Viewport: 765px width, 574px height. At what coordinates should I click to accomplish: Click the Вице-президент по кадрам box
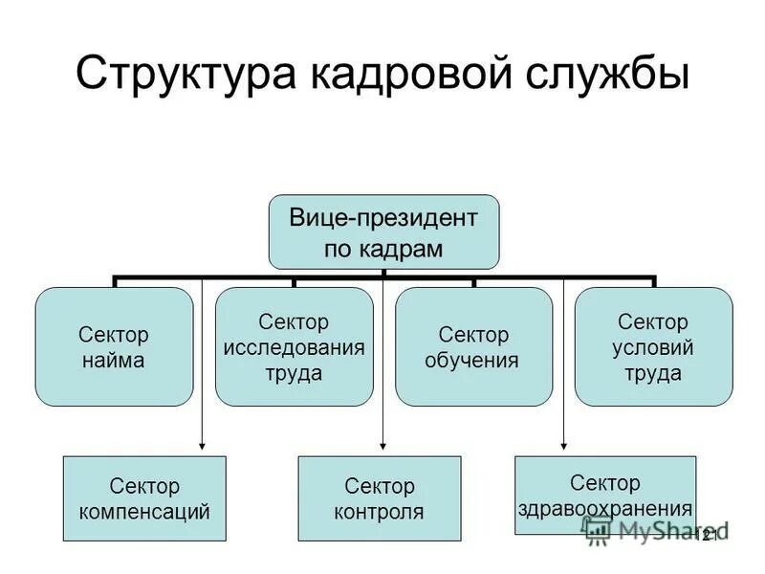click(382, 232)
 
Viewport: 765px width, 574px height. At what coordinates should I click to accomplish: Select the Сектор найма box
click(114, 347)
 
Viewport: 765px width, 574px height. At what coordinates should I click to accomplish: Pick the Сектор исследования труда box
click(294, 347)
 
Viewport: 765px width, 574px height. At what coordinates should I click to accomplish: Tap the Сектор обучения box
click(473, 347)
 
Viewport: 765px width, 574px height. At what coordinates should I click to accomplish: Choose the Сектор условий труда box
click(653, 347)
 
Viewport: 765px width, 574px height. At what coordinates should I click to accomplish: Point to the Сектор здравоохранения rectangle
click(605, 495)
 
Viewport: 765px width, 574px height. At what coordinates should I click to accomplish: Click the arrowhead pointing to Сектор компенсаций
click(202, 443)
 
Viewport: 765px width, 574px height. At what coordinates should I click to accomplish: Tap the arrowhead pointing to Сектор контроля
click(382, 443)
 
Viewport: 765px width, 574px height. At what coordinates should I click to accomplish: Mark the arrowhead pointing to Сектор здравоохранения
click(563, 443)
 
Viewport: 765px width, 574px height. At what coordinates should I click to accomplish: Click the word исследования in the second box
click(294, 347)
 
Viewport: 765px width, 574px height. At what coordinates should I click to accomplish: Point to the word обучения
click(473, 361)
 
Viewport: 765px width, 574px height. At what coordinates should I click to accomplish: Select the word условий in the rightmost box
click(653, 347)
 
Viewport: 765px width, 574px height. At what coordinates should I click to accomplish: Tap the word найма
click(114, 361)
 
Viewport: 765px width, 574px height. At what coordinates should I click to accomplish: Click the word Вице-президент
click(382, 218)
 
